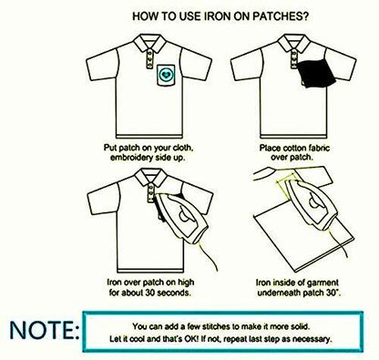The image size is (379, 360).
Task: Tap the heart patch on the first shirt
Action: click(x=166, y=75)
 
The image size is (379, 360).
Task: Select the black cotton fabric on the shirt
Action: click(x=316, y=74)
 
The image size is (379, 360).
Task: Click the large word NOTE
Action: click(x=44, y=330)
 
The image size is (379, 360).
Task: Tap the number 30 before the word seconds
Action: click(x=150, y=293)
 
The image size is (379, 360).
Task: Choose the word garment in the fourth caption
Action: click(x=323, y=283)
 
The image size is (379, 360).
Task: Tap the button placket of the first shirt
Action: click(x=149, y=59)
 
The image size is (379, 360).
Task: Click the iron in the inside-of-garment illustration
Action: click(x=312, y=204)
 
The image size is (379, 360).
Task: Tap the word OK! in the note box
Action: click(x=191, y=339)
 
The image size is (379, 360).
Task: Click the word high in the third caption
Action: click(x=186, y=283)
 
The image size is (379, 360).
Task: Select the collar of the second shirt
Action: click(x=294, y=42)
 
